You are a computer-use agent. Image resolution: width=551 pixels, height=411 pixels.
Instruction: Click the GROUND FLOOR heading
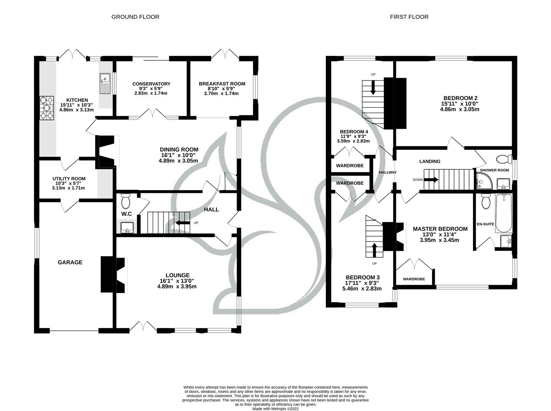pyautogui.click(x=135, y=17)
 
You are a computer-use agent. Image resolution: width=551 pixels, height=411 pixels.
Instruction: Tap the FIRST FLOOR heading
pyautogui.click(x=409, y=17)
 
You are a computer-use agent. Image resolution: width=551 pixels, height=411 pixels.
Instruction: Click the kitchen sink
pyautogui.click(x=104, y=83)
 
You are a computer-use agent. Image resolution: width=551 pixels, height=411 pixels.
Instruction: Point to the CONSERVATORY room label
pyautogui.click(x=151, y=84)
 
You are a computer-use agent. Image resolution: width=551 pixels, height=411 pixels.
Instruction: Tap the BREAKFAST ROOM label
pyautogui.click(x=222, y=84)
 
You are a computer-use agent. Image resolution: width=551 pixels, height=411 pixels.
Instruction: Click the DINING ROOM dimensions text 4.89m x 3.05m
pyautogui.click(x=178, y=161)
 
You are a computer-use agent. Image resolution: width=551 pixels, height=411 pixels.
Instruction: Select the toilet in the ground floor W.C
pyautogui.click(x=125, y=200)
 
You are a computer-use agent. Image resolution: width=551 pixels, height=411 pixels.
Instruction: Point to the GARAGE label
pyautogui.click(x=70, y=262)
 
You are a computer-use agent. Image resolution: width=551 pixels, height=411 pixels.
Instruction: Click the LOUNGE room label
pyautogui.click(x=177, y=275)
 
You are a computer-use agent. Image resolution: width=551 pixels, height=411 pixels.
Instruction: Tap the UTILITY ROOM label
pyautogui.click(x=69, y=178)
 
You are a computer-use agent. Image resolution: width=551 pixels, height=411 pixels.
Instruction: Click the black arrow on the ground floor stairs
pyautogui.click(x=183, y=223)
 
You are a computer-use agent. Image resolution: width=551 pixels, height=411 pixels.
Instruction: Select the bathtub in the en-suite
pyautogui.click(x=503, y=213)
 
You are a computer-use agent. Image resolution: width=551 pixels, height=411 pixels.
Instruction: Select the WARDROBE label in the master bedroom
pyautogui.click(x=414, y=279)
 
